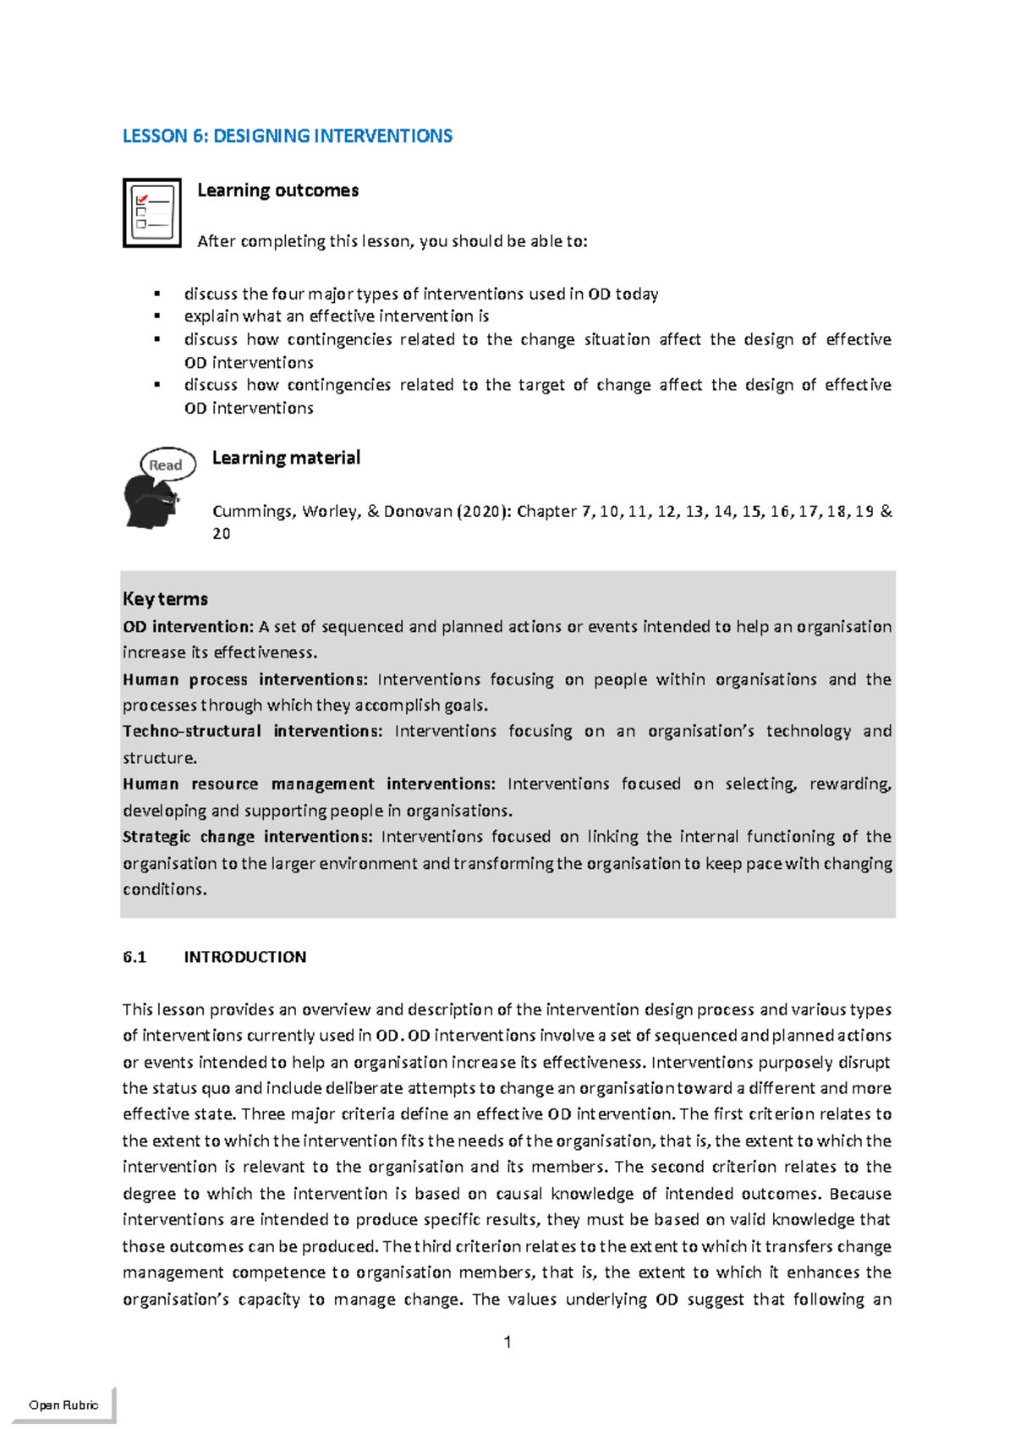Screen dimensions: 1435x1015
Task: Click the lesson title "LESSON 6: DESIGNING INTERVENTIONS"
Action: click(288, 136)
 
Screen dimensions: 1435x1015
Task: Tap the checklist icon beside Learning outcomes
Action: click(152, 212)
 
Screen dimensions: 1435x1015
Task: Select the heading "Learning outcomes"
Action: click(277, 190)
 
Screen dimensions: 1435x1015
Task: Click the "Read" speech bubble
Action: click(167, 465)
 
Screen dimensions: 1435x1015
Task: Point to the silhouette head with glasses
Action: click(150, 503)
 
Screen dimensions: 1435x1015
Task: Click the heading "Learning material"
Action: click(286, 458)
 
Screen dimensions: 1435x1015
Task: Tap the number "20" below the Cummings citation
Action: click(221, 534)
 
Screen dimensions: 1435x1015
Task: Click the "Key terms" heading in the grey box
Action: click(165, 599)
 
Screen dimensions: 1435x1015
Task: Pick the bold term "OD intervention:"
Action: click(188, 627)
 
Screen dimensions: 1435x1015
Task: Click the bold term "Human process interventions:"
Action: click(245, 679)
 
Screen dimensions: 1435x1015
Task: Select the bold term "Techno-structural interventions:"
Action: click(252, 731)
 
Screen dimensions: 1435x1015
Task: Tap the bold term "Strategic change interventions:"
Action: click(247, 837)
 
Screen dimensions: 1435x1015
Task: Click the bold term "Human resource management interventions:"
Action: click(309, 784)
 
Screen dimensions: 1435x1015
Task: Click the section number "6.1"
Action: click(134, 957)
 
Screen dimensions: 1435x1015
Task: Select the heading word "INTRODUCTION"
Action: click(245, 957)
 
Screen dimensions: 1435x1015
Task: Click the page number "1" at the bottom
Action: click(507, 1342)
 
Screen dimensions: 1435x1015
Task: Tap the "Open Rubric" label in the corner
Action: click(63, 1405)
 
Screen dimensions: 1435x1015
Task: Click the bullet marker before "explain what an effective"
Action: click(157, 316)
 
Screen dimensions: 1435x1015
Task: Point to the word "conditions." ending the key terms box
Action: click(165, 889)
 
